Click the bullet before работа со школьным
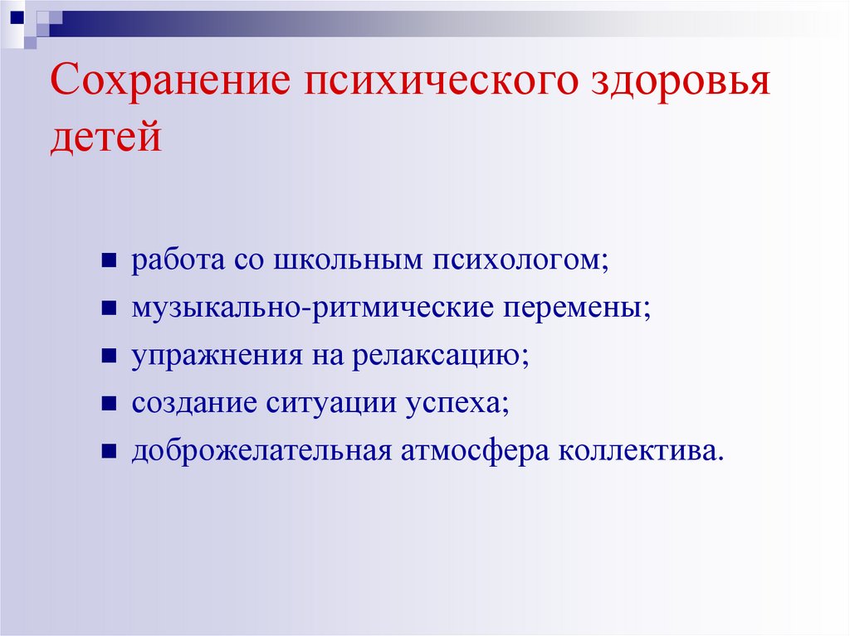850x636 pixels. [109, 261]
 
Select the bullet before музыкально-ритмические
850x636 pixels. [109, 309]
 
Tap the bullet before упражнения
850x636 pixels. [109, 357]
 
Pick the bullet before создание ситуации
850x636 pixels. [109, 405]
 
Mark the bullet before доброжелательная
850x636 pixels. [109, 453]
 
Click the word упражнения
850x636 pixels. [215, 356]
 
